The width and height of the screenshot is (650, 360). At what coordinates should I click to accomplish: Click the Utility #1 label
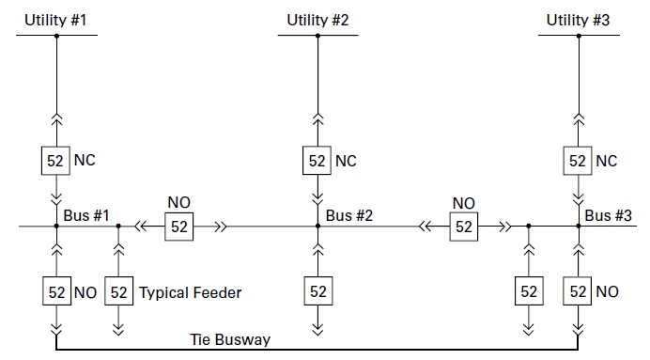[x=56, y=19]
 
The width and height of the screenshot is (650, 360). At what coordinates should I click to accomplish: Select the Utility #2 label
[x=317, y=19]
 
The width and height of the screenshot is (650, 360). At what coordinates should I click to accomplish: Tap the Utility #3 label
[x=578, y=19]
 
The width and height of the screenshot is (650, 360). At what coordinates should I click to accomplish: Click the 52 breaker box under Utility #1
[x=56, y=160]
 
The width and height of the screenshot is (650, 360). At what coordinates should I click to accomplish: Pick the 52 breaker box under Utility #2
[x=317, y=160]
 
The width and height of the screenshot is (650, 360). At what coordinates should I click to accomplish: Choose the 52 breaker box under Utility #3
[x=578, y=160]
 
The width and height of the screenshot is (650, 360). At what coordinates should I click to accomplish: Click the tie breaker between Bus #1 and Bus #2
[x=178, y=227]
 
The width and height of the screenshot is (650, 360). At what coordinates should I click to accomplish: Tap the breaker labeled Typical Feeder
[x=118, y=292]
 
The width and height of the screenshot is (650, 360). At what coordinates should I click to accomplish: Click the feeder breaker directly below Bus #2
[x=317, y=292]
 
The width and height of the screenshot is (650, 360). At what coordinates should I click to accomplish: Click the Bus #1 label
[x=86, y=215]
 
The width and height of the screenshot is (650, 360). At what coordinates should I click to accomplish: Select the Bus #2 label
[x=349, y=215]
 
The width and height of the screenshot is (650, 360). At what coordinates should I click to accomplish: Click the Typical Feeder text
[x=190, y=292]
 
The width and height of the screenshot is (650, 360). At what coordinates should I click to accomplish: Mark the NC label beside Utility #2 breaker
[x=346, y=160]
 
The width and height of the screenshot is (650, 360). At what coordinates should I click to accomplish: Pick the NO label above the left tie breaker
[x=178, y=203]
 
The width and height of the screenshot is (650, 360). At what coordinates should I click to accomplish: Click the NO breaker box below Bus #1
[x=56, y=292]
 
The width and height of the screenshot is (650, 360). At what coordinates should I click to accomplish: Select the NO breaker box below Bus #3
[x=578, y=292]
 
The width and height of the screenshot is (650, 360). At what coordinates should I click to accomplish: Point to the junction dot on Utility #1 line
[x=56, y=36]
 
